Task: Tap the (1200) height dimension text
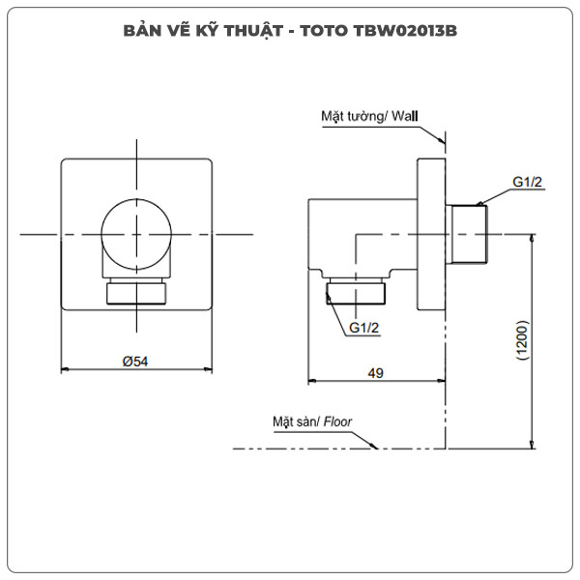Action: (x=522, y=340)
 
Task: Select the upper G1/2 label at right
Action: (x=529, y=183)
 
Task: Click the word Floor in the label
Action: (x=338, y=422)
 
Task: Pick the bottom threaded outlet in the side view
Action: (x=359, y=293)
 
